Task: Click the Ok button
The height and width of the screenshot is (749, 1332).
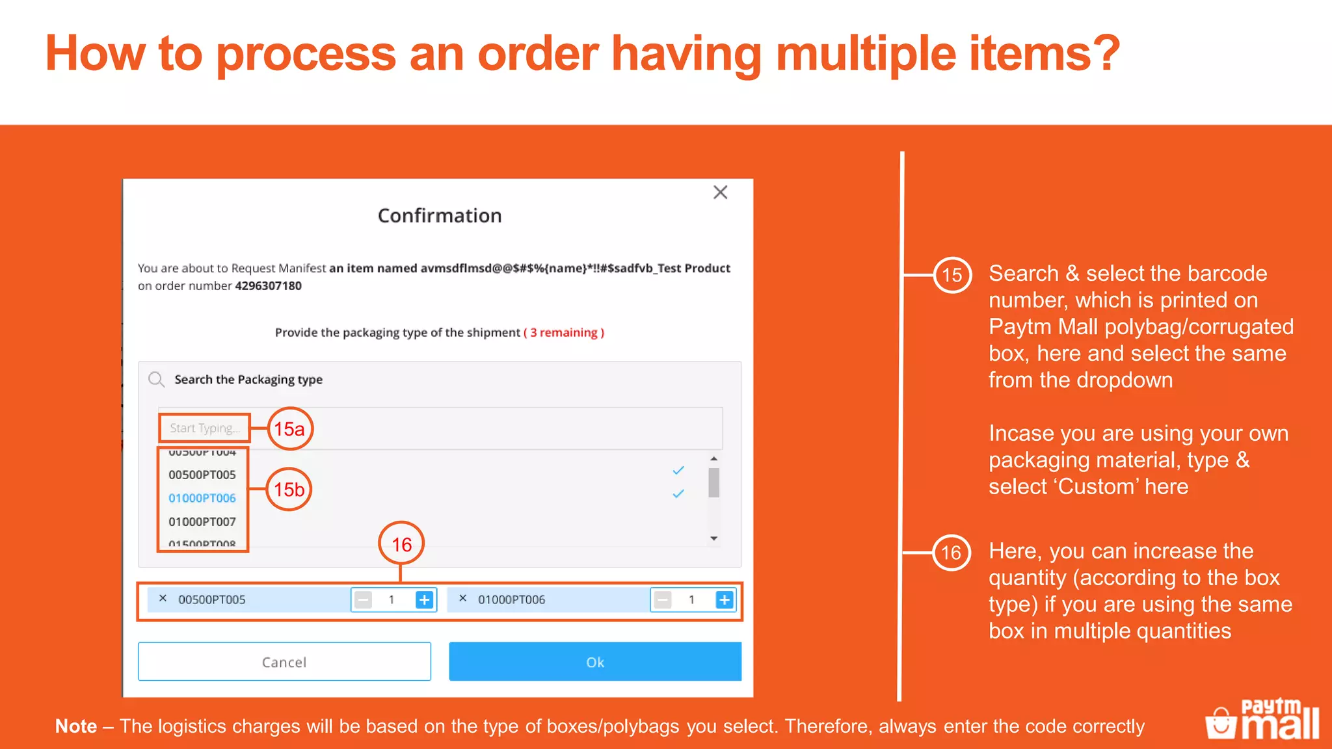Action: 594,661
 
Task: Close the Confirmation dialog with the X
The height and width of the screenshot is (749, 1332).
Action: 720,192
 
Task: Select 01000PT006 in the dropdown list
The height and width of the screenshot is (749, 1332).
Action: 202,498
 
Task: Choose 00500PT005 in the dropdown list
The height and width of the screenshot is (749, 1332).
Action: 202,475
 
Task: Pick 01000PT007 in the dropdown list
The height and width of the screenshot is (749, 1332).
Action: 202,521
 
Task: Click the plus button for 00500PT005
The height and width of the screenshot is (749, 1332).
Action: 424,599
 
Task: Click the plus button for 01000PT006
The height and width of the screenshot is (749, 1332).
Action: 724,599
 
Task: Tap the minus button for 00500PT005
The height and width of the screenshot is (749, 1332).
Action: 364,599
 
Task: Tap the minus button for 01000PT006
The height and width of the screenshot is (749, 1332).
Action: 663,599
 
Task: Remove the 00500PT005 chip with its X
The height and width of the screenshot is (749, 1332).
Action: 163,598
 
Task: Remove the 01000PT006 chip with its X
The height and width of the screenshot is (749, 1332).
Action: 462,598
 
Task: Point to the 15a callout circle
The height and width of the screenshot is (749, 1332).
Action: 290,428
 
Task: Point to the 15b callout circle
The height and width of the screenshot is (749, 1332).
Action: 289,490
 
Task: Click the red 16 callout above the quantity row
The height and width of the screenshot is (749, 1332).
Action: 401,544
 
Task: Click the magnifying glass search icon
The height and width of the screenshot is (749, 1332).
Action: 156,379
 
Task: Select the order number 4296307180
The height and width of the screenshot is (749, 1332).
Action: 268,285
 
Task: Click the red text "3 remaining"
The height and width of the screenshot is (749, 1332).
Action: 564,332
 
